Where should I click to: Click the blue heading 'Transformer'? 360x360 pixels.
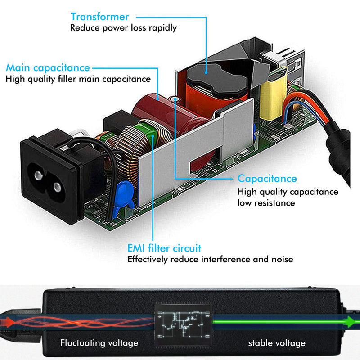click(99, 17)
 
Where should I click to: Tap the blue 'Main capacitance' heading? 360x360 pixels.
click(48, 68)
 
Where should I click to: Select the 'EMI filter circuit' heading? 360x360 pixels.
click(164, 248)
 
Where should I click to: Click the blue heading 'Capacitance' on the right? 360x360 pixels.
click(267, 179)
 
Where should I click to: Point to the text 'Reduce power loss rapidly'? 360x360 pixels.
click(123, 28)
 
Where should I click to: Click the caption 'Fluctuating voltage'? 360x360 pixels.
click(99, 343)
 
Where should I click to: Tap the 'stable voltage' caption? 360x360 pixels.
click(277, 343)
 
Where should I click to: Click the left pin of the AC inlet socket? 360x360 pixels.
click(39, 175)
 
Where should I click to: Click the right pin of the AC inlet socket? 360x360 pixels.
click(57, 187)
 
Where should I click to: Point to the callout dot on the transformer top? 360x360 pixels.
click(206, 72)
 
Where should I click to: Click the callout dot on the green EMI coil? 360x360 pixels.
click(153, 136)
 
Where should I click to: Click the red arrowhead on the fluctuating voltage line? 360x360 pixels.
click(7, 322)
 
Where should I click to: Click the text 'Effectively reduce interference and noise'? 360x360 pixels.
click(210, 260)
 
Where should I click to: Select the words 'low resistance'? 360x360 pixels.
click(266, 203)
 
